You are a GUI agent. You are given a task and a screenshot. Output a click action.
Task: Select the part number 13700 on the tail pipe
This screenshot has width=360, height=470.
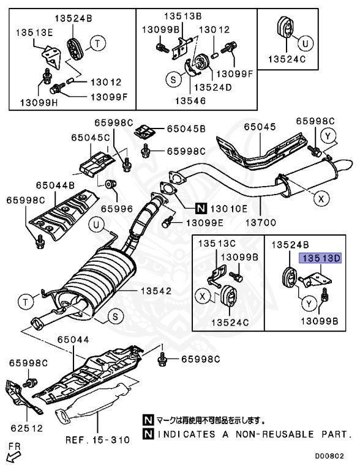coord(261,222)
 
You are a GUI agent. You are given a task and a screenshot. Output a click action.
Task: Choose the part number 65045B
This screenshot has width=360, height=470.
coord(186,129)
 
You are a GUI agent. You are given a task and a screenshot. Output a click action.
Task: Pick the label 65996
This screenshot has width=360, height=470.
coord(116,208)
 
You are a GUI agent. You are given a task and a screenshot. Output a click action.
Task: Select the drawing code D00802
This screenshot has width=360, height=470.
coord(335,457)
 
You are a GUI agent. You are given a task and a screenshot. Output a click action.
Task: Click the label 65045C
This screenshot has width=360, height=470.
coord(89,138)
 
